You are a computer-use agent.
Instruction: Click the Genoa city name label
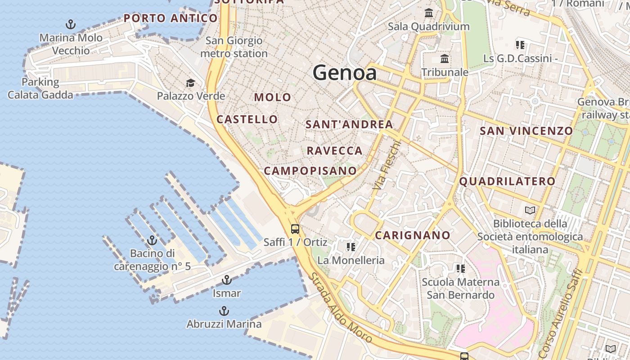(344, 72)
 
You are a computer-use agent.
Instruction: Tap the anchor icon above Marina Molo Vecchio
(71, 24)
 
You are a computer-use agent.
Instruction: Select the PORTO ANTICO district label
(171, 18)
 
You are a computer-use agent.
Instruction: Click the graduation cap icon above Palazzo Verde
(191, 83)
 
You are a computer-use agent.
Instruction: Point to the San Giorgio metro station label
(234, 47)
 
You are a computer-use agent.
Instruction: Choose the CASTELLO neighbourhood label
(247, 119)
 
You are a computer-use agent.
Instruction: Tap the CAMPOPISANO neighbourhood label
(310, 171)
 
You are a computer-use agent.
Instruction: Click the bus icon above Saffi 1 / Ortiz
(295, 229)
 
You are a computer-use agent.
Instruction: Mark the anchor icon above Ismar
(227, 280)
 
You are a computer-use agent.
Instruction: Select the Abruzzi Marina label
(224, 324)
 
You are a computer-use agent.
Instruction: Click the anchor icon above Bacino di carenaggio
(152, 240)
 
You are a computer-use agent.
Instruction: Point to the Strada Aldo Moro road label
(341, 307)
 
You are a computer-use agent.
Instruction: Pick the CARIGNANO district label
(413, 235)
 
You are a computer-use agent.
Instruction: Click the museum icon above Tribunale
(445, 58)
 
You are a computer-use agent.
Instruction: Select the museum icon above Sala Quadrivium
(429, 13)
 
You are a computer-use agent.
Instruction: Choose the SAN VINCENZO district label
(526, 131)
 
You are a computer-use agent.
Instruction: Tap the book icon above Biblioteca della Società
(531, 210)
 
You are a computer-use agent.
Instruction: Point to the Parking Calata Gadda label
(40, 88)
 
